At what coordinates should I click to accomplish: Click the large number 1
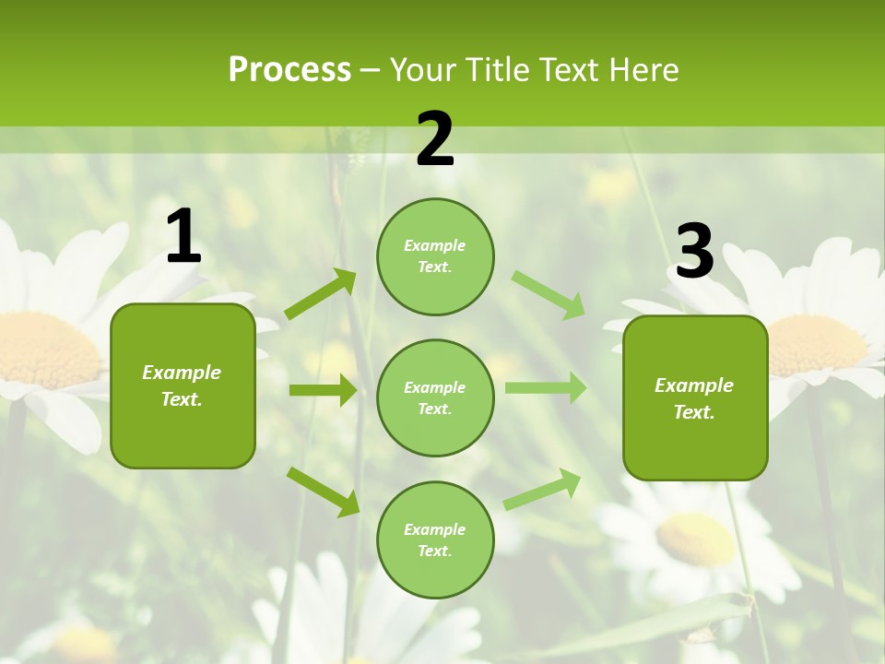pos(183,237)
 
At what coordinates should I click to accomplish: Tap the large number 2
pos(435,140)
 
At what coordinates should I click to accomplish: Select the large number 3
pos(695,252)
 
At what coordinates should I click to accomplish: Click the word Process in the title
pos(289,69)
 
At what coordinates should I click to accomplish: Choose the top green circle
pos(435,256)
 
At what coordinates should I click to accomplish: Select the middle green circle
pos(435,397)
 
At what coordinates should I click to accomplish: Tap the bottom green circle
pos(435,539)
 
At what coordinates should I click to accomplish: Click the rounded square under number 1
pos(183,385)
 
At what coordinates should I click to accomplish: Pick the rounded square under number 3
pos(695,397)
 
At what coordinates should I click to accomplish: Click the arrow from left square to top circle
pos(321,294)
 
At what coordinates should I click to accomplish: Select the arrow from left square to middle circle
pos(323,390)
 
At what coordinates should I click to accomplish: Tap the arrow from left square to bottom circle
pos(323,492)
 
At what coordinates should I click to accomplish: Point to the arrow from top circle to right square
pos(549,294)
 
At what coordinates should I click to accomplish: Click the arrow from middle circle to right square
pos(546,388)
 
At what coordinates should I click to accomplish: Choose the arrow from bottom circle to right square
pos(543,490)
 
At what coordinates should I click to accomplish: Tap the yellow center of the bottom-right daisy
pos(696,539)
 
